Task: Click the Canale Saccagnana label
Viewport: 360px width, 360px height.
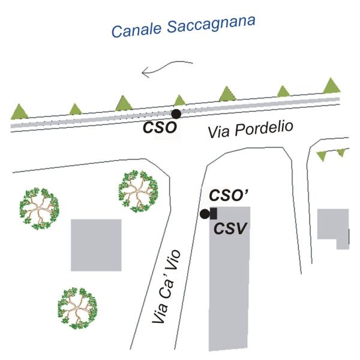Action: pos(183,26)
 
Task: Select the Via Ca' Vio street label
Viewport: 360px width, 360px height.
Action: pos(167,287)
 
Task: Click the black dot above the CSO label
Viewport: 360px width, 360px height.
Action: pos(176,114)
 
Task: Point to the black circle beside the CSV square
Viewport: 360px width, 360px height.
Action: pos(205,214)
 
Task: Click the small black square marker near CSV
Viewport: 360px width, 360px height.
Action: pos(214,213)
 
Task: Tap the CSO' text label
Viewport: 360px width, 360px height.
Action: pos(229,196)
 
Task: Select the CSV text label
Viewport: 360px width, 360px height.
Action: pos(230,229)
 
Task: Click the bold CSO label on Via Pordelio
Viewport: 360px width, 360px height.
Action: pos(160,127)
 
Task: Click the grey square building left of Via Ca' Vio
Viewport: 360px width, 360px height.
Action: pos(96,245)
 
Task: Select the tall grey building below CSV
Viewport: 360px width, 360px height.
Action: pos(229,278)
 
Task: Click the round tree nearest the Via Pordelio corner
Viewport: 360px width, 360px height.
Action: pos(139,191)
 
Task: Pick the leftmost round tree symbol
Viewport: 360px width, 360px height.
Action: pos(39,209)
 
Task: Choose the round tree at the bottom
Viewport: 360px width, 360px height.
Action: pos(77,308)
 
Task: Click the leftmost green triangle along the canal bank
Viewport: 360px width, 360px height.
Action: pos(20,112)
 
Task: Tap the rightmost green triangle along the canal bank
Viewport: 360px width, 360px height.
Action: pos(332,86)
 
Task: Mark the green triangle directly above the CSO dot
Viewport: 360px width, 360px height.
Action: pos(179,101)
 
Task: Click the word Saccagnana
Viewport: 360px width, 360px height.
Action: pos(211,25)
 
